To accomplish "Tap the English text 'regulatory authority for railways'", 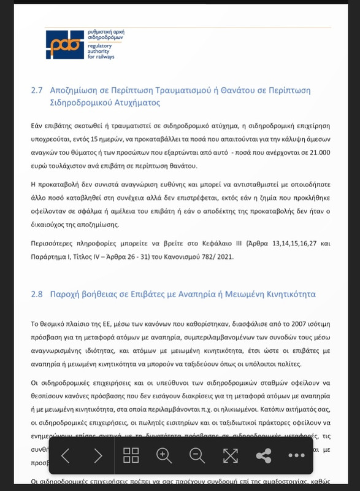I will (101, 51).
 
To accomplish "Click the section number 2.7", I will (37, 90).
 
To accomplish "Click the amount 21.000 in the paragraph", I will (319, 152).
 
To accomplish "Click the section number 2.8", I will (37, 294).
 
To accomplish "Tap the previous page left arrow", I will (66, 455).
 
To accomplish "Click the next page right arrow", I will (98, 455).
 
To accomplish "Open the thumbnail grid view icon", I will (131, 455).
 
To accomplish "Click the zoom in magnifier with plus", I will (164, 455).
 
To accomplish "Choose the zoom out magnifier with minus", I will (197, 455).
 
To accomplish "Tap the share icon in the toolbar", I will (264, 455).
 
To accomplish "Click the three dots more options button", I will (297, 455).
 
